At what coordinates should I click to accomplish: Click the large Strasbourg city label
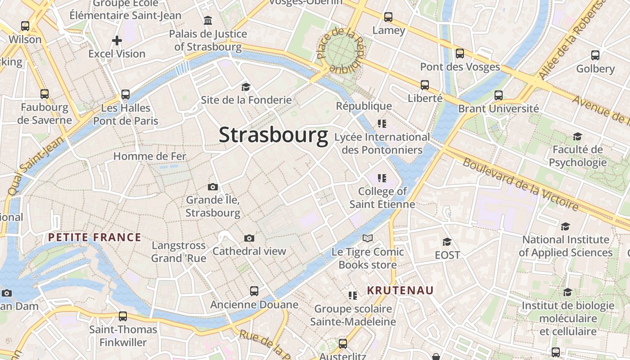274,135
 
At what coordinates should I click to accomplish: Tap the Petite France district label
94,237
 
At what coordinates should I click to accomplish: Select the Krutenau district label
400,290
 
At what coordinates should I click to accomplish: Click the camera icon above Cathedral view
249,238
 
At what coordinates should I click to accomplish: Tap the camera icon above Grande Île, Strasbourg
213,187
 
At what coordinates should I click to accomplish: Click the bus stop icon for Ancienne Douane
254,291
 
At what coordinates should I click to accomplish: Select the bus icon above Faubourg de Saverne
45,94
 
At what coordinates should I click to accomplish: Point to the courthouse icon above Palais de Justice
208,20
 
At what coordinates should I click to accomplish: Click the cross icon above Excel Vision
117,40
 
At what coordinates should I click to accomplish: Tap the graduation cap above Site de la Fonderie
246,87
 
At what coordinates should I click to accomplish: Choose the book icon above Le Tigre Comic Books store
368,238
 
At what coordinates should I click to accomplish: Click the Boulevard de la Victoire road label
520,184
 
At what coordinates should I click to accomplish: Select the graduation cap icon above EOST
447,242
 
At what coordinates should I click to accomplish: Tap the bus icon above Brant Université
499,95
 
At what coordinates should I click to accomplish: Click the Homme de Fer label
150,156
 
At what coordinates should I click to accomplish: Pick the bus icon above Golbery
595,55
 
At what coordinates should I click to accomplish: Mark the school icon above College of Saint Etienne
382,178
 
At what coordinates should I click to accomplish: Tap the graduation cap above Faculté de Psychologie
577,136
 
